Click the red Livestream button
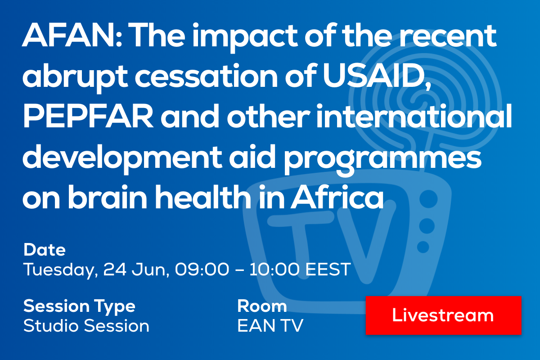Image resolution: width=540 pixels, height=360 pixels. [x=443, y=315]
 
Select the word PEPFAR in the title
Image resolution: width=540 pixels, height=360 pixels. [x=88, y=117]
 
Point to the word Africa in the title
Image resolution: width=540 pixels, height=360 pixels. [x=337, y=197]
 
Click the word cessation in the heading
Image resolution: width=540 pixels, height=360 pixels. [x=206, y=76]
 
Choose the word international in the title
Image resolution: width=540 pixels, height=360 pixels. [x=414, y=116]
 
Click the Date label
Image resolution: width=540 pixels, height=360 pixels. [x=45, y=250]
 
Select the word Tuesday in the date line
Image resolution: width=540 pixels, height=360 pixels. [x=60, y=270]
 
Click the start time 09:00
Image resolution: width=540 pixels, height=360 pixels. [x=202, y=269]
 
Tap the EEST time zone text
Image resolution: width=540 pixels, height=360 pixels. [x=328, y=269]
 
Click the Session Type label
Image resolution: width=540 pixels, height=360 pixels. [x=79, y=307]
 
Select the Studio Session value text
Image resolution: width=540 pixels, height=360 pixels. [x=86, y=326]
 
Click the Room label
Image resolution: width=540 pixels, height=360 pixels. [x=262, y=306]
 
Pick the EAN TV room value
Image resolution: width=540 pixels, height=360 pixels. [x=270, y=326]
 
